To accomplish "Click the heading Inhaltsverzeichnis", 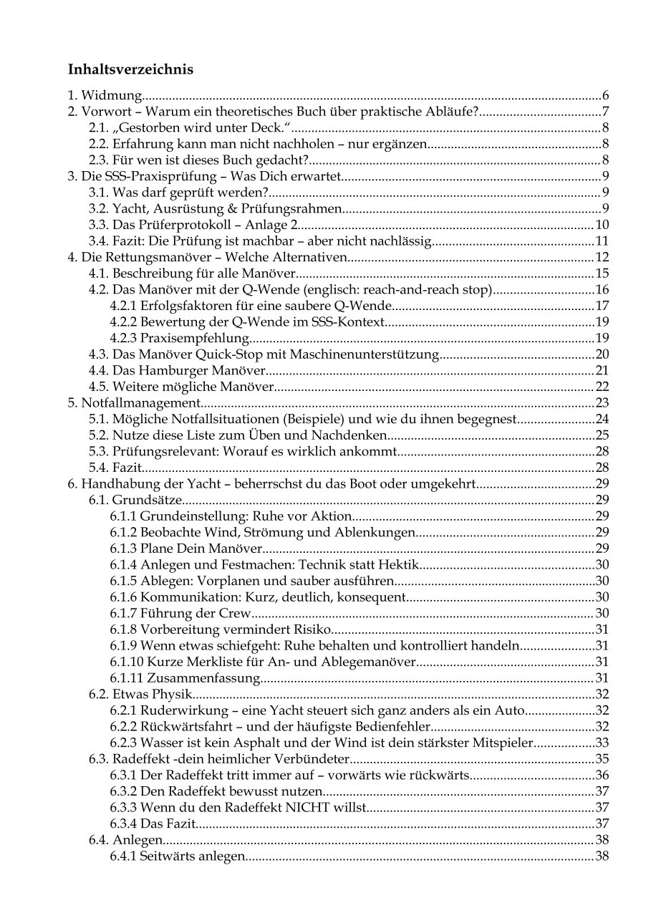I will [130, 70].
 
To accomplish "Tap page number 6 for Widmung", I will [605, 95].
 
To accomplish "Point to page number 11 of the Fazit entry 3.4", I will [602, 241].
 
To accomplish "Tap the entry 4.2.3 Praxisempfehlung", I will [179, 338].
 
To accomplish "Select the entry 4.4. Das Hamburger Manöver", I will [178, 370].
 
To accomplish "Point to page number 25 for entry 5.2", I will [602, 435].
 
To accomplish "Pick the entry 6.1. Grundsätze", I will [136, 499].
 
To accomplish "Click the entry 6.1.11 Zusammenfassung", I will [184, 677].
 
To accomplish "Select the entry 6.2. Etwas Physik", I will [141, 693].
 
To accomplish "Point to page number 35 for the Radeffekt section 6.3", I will [602, 758].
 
